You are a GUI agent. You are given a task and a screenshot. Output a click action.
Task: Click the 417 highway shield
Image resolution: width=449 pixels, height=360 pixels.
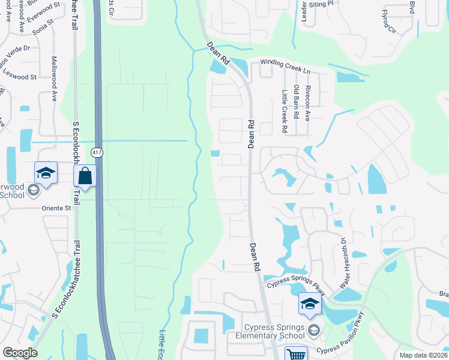(97, 153)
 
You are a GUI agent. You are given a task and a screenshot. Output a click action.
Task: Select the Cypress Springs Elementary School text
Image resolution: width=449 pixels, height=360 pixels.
(276, 331)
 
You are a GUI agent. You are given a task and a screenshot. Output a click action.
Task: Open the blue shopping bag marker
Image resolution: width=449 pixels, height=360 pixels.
(85, 176)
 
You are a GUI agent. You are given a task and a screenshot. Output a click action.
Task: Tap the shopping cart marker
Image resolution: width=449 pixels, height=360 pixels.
(295, 354)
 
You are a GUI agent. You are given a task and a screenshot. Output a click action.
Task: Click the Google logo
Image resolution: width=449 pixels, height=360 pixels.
(20, 353)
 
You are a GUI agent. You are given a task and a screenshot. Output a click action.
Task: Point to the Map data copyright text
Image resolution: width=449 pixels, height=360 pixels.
(424, 355)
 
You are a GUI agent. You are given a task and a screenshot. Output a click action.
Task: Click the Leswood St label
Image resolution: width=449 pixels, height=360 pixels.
(20, 75)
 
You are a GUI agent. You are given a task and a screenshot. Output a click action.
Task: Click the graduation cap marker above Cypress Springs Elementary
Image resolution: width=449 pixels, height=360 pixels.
(310, 304)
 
